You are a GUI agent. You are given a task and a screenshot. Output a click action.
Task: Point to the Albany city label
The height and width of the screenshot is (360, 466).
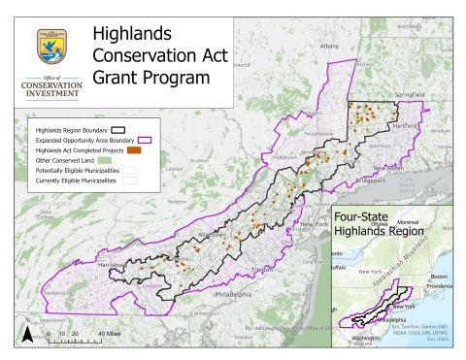tap(329, 46)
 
